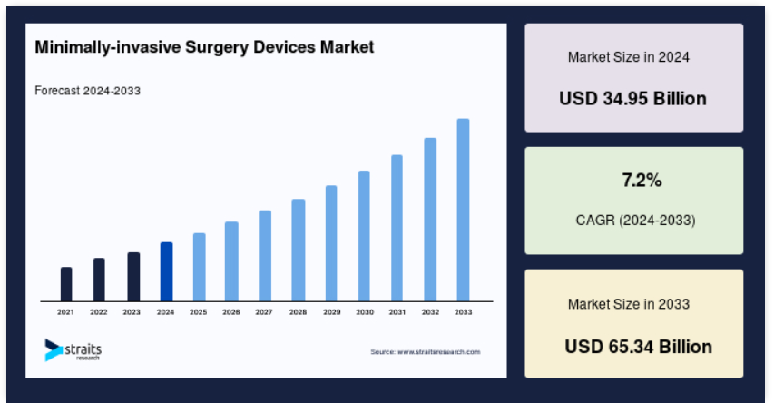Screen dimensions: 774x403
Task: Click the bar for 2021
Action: (x=66, y=284)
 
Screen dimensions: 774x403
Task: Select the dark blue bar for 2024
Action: (x=166, y=271)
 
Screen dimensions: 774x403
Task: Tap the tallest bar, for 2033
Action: (x=463, y=210)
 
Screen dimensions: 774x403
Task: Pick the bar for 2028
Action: (x=299, y=251)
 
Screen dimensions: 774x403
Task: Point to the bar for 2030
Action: (x=364, y=236)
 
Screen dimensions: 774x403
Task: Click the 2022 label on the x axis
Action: (x=98, y=312)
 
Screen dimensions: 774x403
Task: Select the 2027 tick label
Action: (x=263, y=312)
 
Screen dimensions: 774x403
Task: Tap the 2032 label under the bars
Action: (x=430, y=312)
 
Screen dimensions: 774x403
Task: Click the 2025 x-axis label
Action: (x=198, y=312)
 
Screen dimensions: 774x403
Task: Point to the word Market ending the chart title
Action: (x=347, y=47)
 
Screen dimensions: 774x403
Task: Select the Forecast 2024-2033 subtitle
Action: (x=87, y=91)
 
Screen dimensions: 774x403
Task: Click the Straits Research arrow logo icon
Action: (x=53, y=349)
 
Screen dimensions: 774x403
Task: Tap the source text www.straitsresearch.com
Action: (x=439, y=351)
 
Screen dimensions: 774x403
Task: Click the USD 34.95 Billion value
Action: (x=632, y=99)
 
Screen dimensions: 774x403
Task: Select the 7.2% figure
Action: (x=642, y=181)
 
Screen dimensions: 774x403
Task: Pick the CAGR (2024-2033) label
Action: (x=636, y=220)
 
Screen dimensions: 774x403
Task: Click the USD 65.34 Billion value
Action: (x=638, y=347)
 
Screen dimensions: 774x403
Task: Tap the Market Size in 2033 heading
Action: (x=629, y=304)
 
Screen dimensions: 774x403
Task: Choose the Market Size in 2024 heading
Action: (x=629, y=57)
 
